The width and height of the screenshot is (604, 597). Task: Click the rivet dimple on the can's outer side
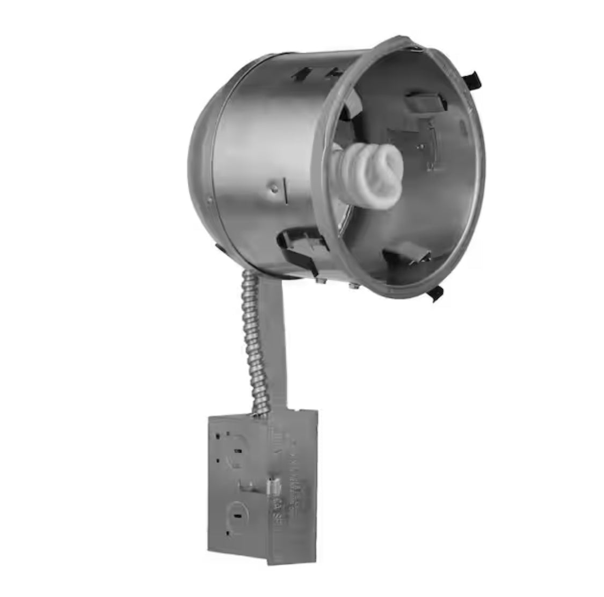274,187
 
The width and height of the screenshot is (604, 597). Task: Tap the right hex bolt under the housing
353,285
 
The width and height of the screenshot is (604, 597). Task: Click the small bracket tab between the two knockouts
248,486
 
